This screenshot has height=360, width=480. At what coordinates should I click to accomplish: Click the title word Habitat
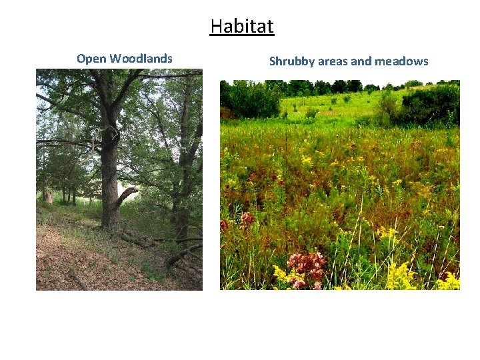click(241, 27)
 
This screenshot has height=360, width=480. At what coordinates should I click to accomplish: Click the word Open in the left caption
click(91, 59)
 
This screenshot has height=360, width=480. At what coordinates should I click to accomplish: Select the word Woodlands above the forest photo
click(141, 59)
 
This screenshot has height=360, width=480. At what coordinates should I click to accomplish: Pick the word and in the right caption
click(361, 61)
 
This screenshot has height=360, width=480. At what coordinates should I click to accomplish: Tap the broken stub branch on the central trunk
click(127, 195)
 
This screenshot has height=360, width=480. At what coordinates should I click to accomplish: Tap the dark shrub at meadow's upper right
click(430, 103)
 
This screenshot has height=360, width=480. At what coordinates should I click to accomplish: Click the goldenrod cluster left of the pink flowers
click(280, 273)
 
